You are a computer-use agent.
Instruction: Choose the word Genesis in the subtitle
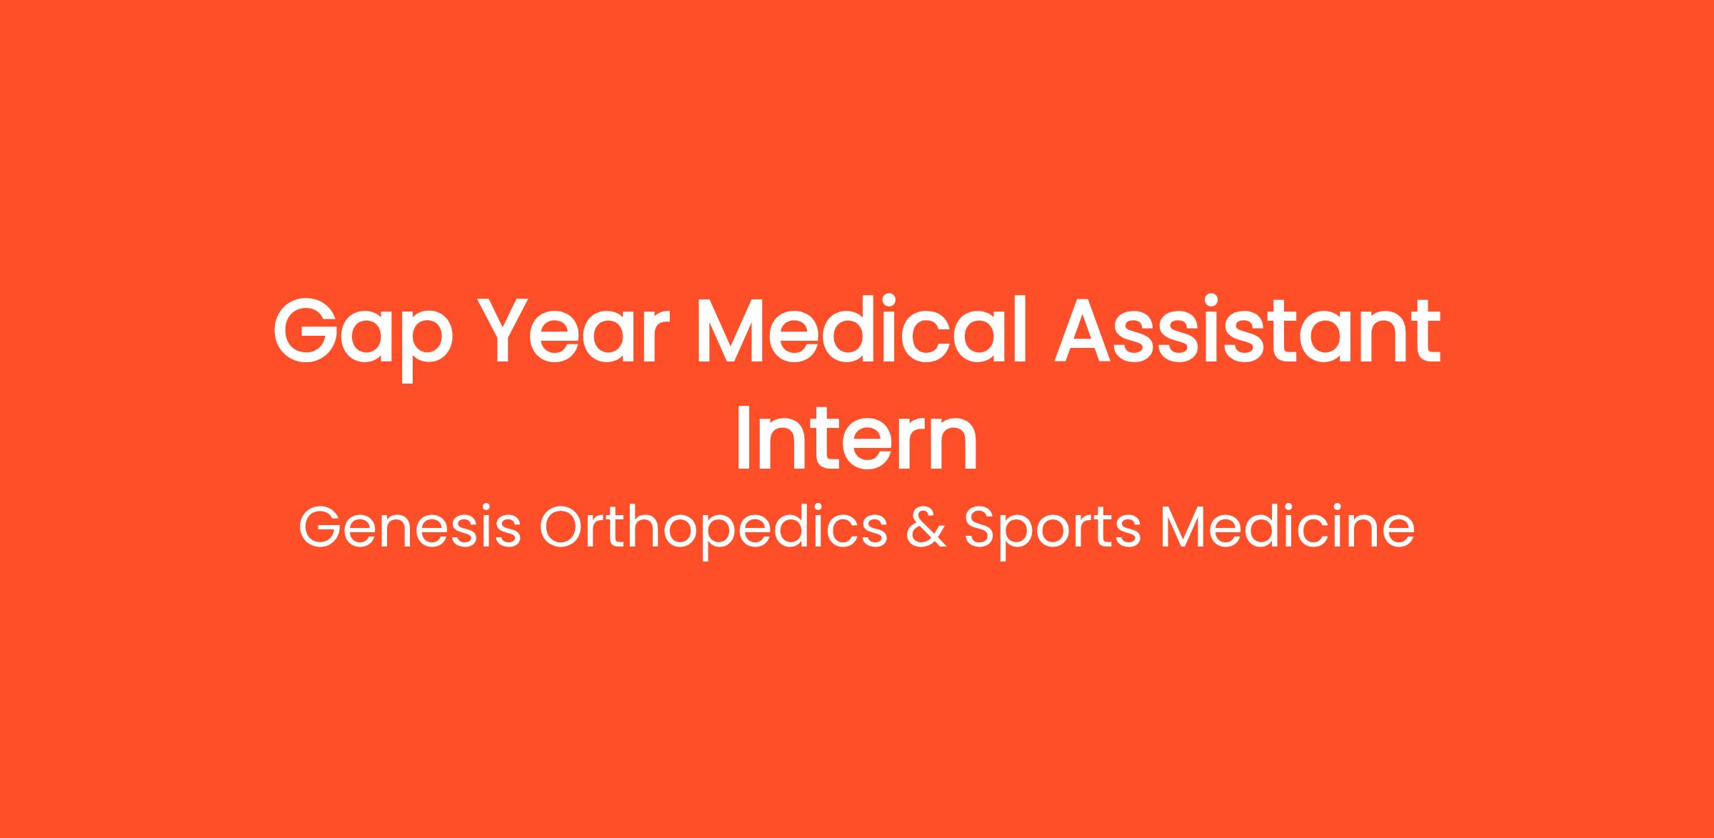pyautogui.click(x=409, y=528)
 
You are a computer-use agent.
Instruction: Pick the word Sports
pyautogui.click(x=1053, y=532)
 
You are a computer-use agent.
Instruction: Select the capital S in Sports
pyautogui.click(x=981, y=528)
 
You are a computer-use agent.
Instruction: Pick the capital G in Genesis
pyautogui.click(x=321, y=528)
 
